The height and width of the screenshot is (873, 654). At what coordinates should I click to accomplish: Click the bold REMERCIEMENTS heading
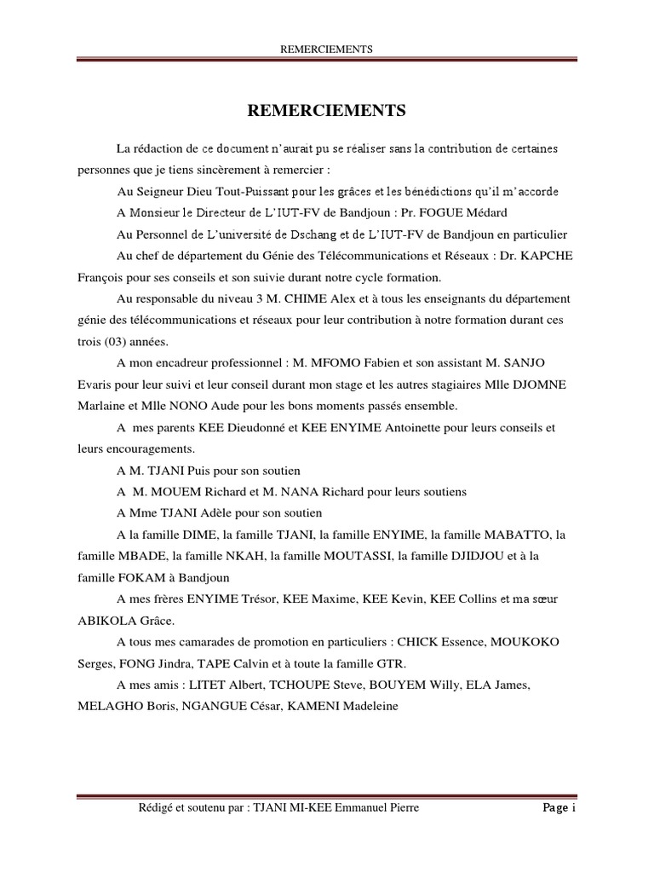(x=327, y=111)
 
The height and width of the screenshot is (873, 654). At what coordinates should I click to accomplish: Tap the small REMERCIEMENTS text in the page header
(x=327, y=49)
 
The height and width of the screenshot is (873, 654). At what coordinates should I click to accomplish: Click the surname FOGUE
(x=444, y=211)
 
